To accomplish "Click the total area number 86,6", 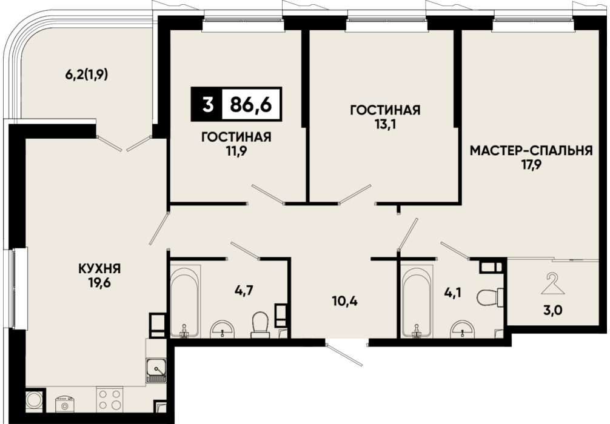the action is coord(251,104).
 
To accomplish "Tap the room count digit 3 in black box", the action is coord(207,104).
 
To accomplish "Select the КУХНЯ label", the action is coord(99,268).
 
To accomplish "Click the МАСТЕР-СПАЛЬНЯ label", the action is coord(531,150).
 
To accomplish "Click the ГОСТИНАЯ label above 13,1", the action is coord(385,110).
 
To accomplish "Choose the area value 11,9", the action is coord(236,151).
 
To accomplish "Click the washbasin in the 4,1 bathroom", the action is coord(462,330).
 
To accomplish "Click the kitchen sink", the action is coord(156,370).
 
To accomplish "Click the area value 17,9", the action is coord(532,165).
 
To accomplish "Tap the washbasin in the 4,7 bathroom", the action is coord(223,330).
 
